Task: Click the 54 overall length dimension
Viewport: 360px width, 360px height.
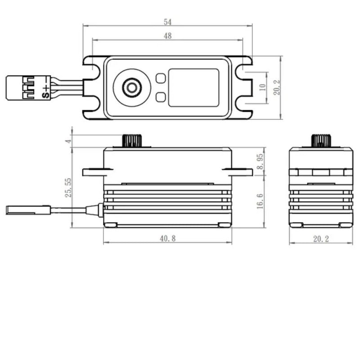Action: pyautogui.click(x=167, y=22)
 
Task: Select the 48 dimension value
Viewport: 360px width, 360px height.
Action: pyautogui.click(x=167, y=36)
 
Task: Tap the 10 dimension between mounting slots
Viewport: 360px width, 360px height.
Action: pyautogui.click(x=262, y=87)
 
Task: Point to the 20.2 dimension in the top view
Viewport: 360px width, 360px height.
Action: pyautogui.click(x=277, y=87)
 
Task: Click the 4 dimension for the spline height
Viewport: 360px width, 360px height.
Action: pyautogui.click(x=68, y=141)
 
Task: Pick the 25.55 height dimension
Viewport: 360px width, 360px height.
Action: pyautogui.click(x=68, y=188)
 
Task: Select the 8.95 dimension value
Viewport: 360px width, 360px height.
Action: pyautogui.click(x=260, y=162)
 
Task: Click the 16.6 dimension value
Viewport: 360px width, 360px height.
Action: pyautogui.click(x=260, y=201)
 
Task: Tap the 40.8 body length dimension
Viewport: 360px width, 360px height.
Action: pyautogui.click(x=167, y=238)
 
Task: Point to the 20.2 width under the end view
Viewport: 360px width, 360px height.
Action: pyautogui.click(x=321, y=239)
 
